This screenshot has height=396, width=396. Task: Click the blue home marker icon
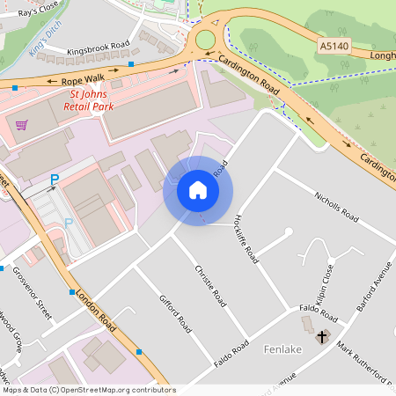(x=198, y=190)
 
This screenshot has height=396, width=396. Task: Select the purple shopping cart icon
(x=21, y=124)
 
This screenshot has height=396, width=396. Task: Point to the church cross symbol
(x=322, y=336)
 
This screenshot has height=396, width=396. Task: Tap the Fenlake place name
(x=282, y=349)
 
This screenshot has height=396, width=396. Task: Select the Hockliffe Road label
(x=246, y=239)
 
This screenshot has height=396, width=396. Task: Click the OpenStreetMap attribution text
(x=89, y=390)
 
